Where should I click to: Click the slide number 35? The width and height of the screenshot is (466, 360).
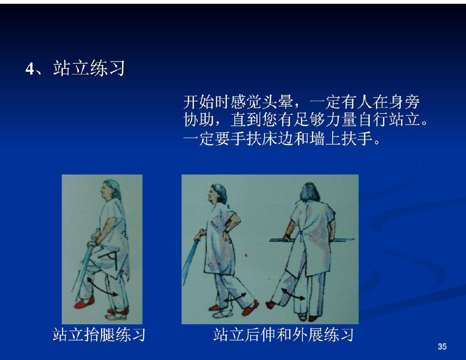442,346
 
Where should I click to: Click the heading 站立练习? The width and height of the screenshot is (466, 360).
89,69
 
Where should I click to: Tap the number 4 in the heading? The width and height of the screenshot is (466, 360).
30,69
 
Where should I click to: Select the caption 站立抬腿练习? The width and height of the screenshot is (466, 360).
99,335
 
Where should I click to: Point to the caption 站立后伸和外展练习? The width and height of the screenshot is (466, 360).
284,335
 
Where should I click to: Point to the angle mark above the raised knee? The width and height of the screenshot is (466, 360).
109,260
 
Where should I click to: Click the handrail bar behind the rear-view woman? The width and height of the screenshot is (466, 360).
312,239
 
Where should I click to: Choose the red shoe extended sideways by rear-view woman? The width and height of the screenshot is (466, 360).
271,305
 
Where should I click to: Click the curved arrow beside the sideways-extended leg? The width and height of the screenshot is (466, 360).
293,294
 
